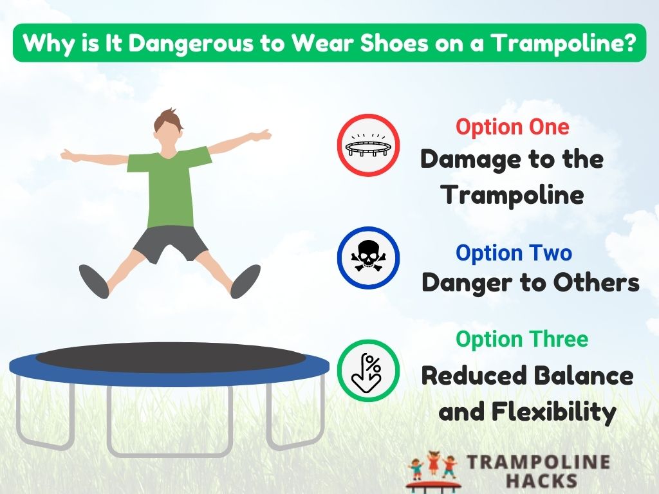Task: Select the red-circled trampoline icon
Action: pyautogui.click(x=369, y=145)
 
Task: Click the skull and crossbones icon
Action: pyautogui.click(x=369, y=257)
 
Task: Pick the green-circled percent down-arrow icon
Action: pyautogui.click(x=369, y=371)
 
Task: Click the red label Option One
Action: pyautogui.click(x=512, y=127)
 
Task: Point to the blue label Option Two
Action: pyautogui.click(x=514, y=253)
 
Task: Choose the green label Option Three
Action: pyautogui.click(x=522, y=339)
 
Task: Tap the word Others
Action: pyautogui.click(x=601, y=283)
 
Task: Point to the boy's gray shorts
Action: pyautogui.click(x=170, y=242)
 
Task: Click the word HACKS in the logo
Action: pyautogui.click(x=541, y=480)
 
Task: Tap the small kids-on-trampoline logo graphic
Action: pyautogui.click(x=431, y=471)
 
